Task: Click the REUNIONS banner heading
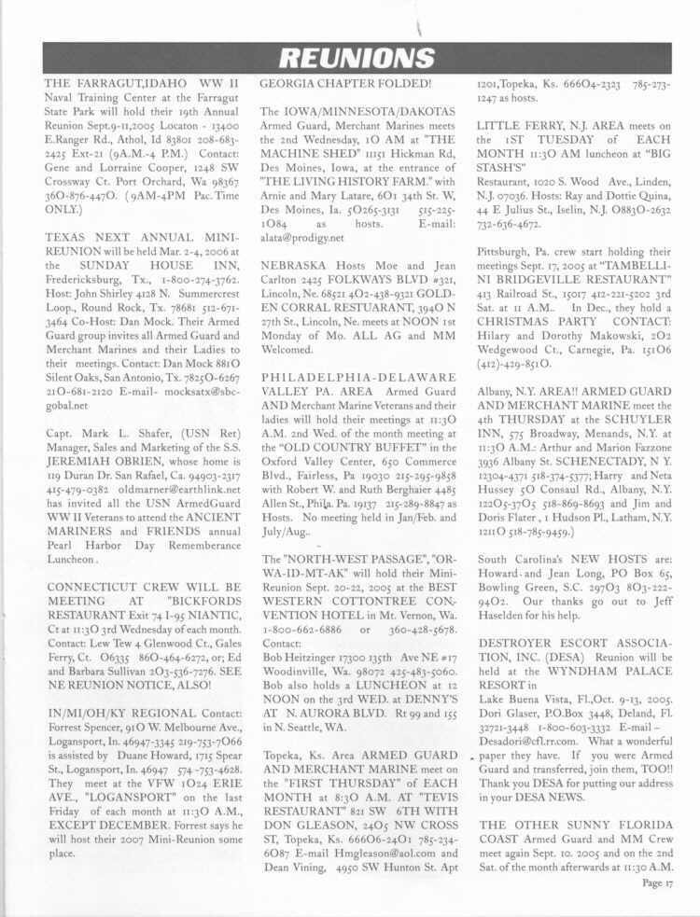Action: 349,59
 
